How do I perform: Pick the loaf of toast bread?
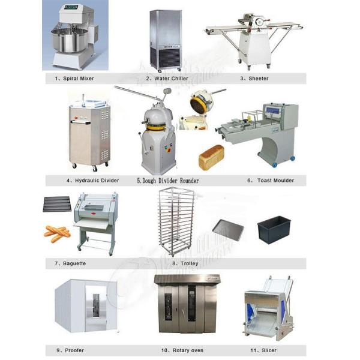coord(211,157)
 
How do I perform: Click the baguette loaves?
coord(57,233)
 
